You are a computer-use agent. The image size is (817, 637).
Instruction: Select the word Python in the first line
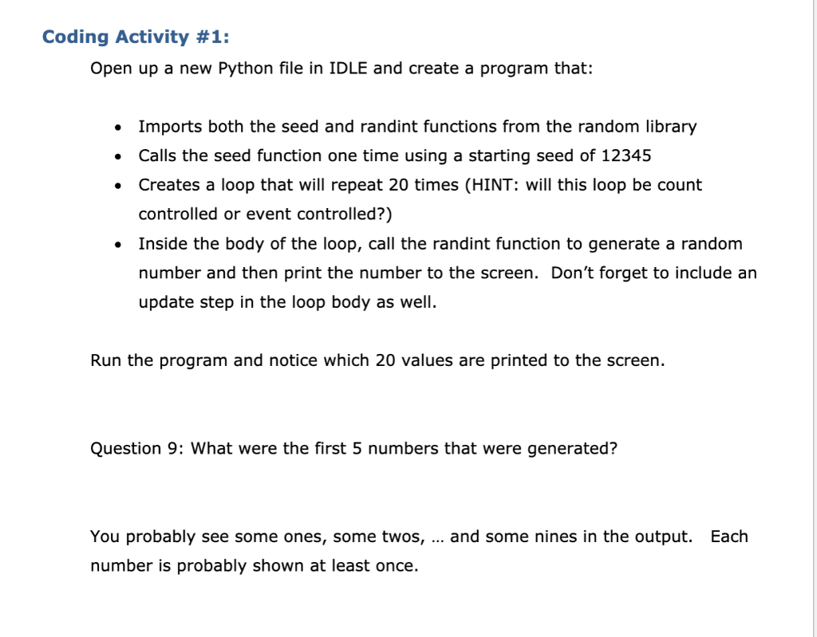click(x=243, y=68)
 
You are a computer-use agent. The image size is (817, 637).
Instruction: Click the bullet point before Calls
click(x=118, y=156)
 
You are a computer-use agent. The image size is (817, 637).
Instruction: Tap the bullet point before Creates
click(x=118, y=186)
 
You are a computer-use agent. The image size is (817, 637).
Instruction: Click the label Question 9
click(x=136, y=448)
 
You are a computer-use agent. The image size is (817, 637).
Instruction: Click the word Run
click(x=106, y=360)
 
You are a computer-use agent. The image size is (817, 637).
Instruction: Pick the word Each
click(x=729, y=537)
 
